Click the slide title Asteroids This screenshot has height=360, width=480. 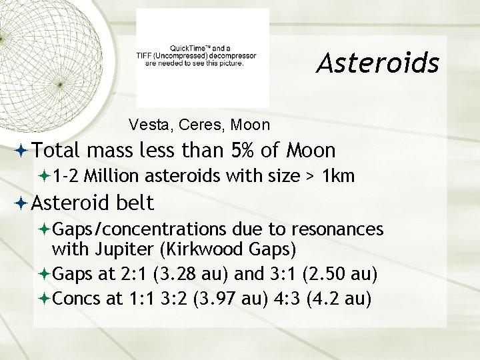coord(377,63)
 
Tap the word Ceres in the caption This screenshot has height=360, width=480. coord(190,125)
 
